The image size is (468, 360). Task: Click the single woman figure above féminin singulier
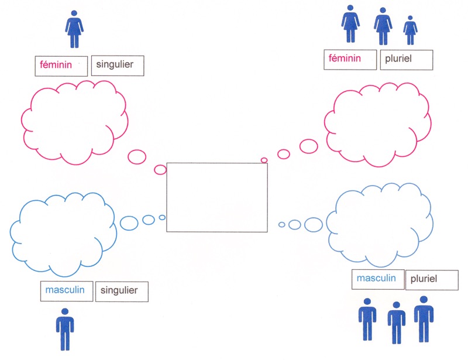(74, 29)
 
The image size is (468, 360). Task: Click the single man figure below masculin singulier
(65, 329)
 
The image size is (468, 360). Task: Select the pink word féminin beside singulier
(56, 66)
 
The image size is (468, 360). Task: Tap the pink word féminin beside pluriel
(345, 59)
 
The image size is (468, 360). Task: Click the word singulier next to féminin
(116, 66)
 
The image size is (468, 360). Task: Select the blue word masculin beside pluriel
(377, 279)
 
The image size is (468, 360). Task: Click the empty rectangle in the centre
(217, 197)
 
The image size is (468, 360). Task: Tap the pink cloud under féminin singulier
(74, 121)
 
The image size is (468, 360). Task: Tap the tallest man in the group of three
(424, 318)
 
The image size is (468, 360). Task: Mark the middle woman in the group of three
(383, 27)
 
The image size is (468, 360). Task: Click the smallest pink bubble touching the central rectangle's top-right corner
(264, 160)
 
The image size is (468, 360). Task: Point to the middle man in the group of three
(396, 323)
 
